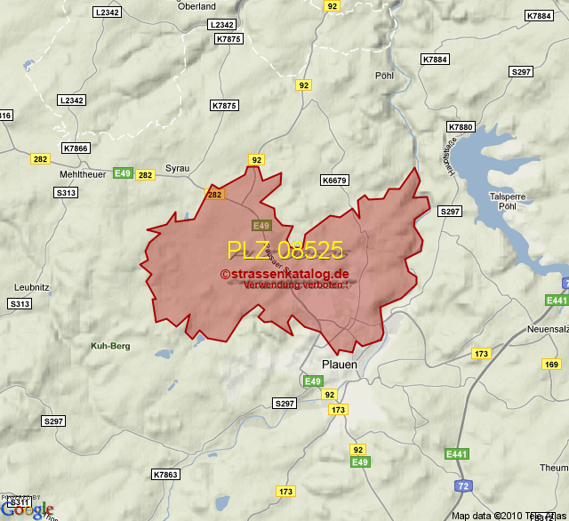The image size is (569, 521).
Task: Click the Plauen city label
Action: coord(339,365)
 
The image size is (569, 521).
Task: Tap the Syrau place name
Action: coord(178,167)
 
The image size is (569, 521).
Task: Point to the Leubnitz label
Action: coord(33,287)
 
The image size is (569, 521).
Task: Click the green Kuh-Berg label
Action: coord(110,345)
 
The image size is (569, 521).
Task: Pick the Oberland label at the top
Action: coord(196,6)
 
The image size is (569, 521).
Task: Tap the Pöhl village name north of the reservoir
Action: coord(384,76)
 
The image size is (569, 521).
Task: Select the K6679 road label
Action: coord(333,180)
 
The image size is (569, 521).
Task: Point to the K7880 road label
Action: coord(461,127)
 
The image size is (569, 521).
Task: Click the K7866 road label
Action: coord(76,148)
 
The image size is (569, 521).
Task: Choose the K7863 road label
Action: coord(165,474)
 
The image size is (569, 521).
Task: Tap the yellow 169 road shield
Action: coord(551,365)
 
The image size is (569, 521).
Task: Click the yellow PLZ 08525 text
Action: coord(284,250)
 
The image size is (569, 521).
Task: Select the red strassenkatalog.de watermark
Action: coord(284,274)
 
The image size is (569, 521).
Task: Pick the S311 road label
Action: coord(20,502)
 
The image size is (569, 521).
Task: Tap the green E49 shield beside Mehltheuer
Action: coord(123,172)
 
